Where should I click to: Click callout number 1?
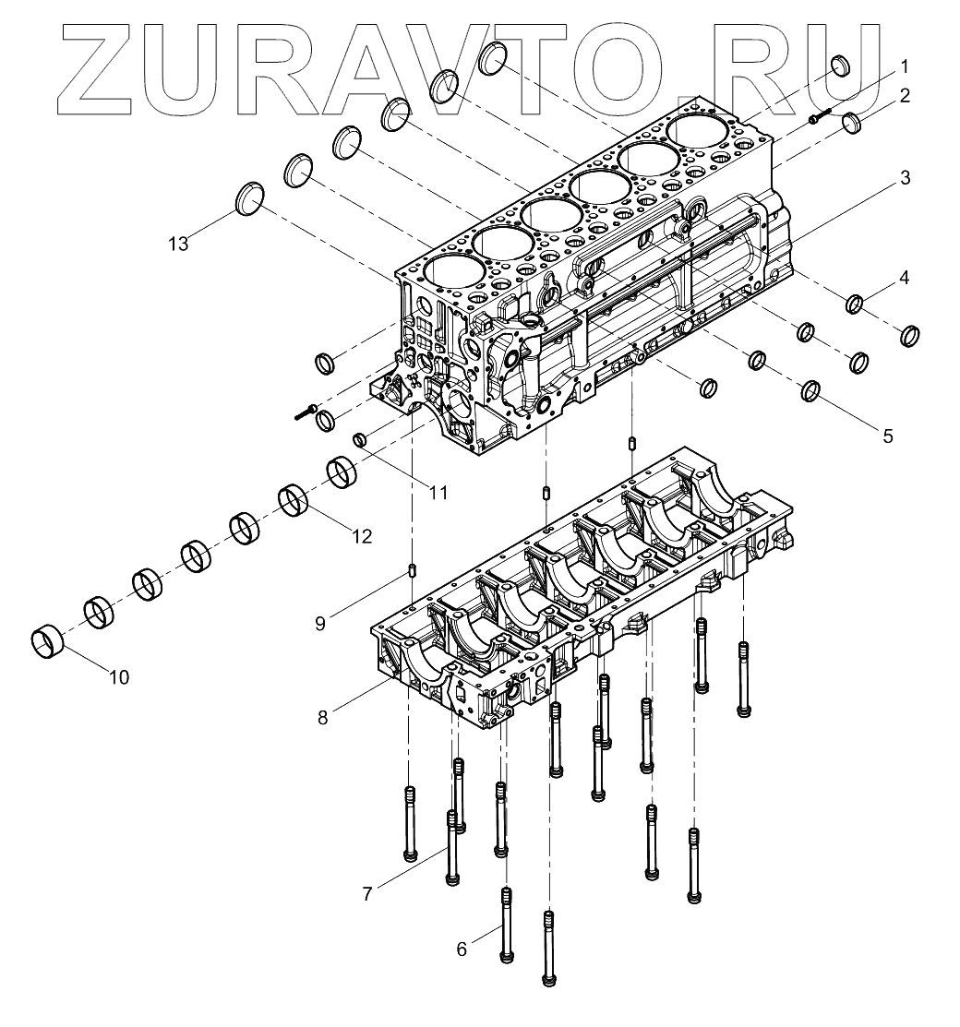[x=905, y=66]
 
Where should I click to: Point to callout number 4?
[x=905, y=276]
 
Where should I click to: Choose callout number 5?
[x=887, y=436]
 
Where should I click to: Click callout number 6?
[x=462, y=948]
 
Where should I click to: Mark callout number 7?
[x=367, y=892]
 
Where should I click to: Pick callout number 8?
[x=322, y=717]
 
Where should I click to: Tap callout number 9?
[x=320, y=623]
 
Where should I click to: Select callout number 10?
[x=118, y=677]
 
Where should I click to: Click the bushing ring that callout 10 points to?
[x=47, y=642]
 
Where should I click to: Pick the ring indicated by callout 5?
[x=812, y=391]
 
